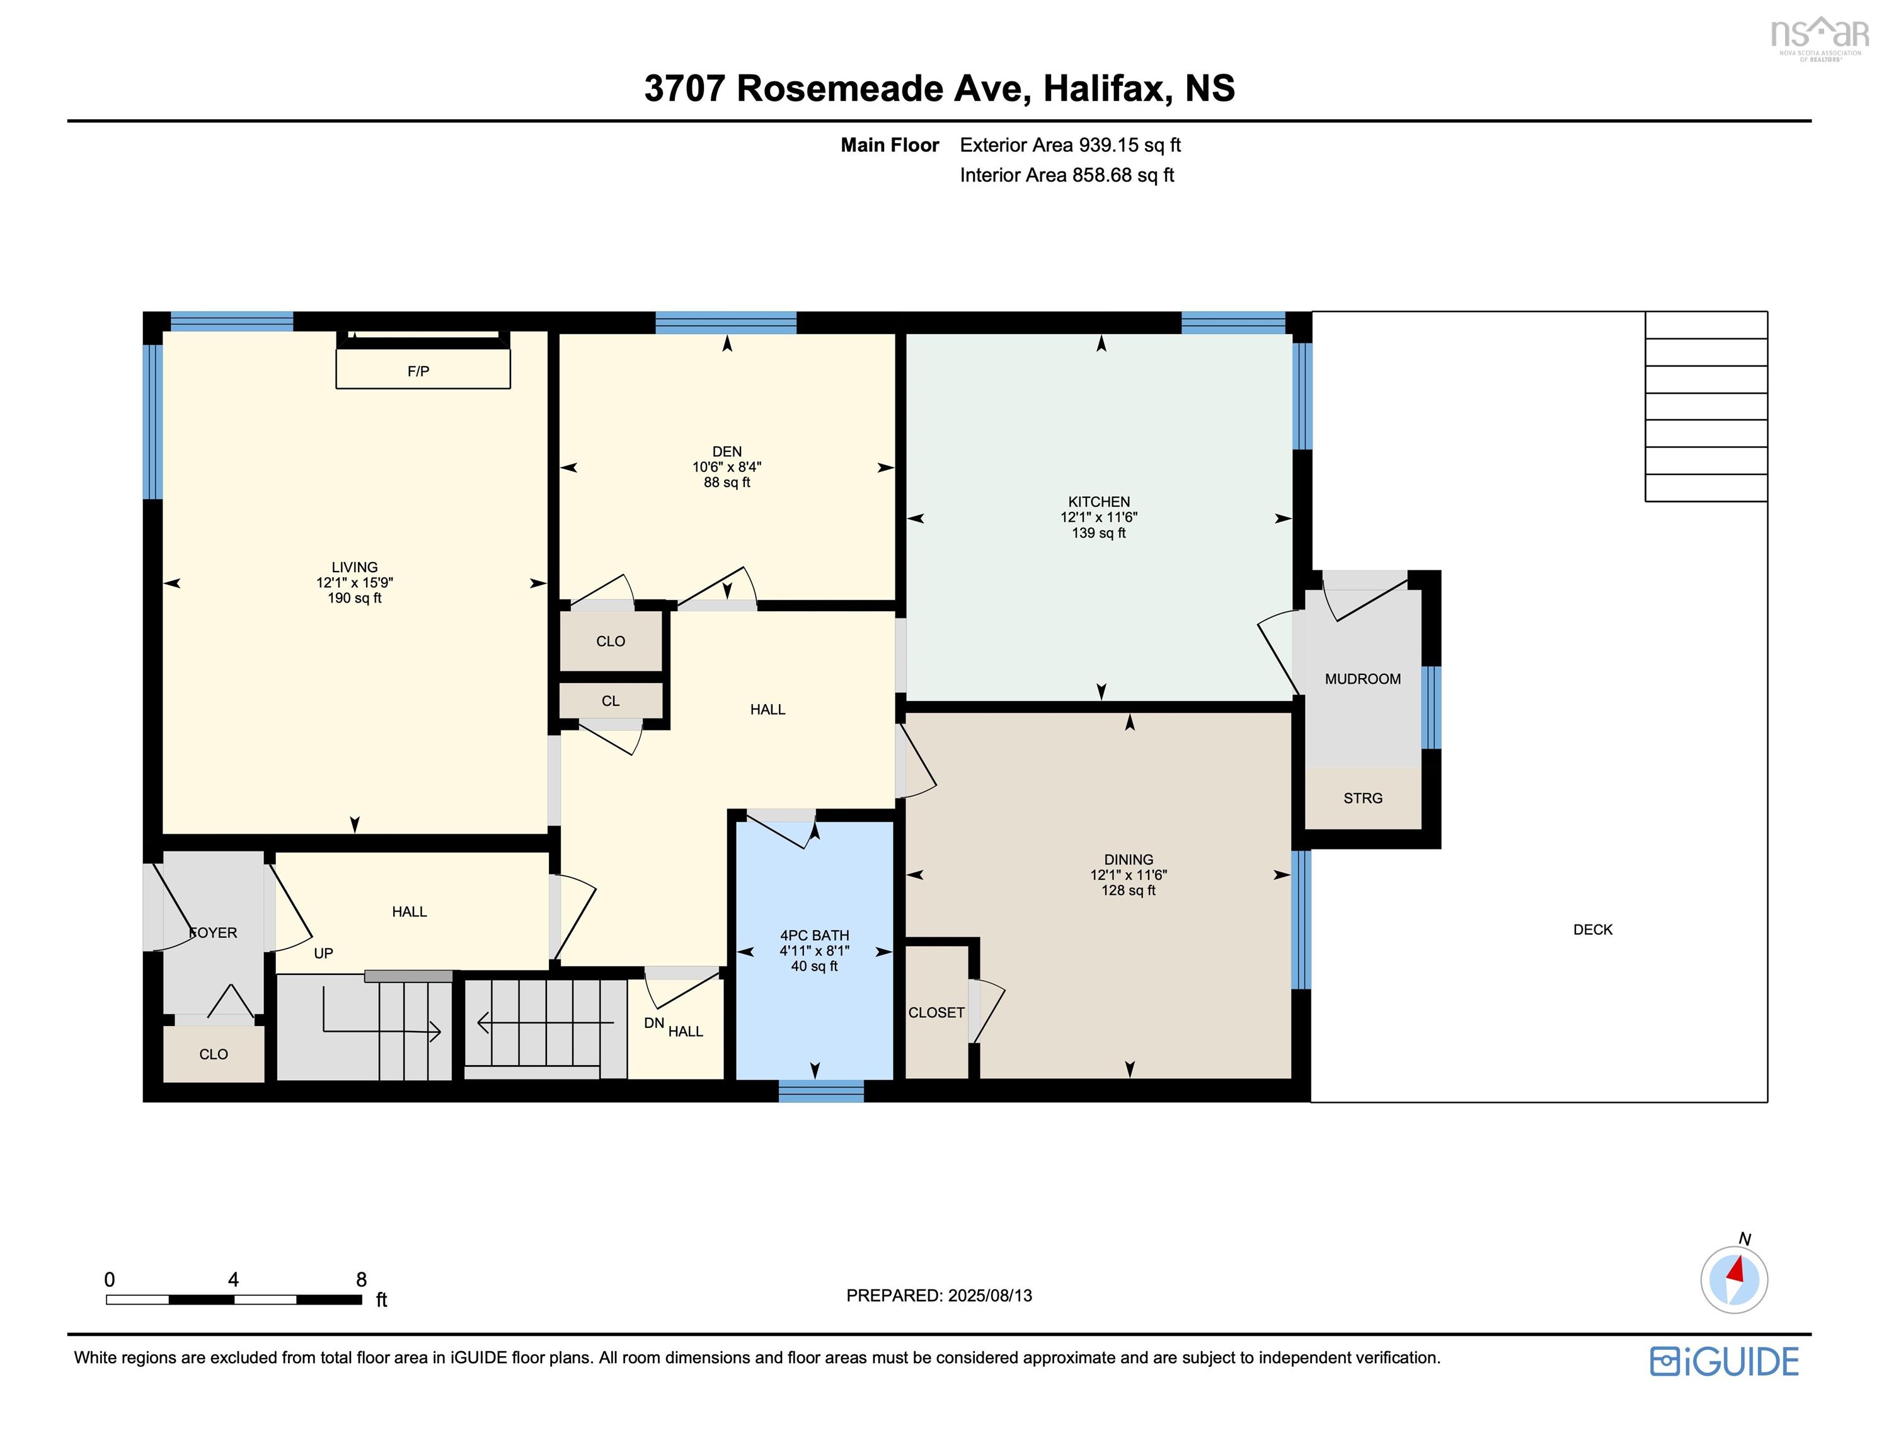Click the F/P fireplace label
[418, 372]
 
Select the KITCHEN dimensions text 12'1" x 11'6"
[1099, 517]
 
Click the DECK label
[1592, 930]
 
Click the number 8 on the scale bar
[361, 1280]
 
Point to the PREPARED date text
[939, 1295]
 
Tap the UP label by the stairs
[323, 954]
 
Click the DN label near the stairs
[654, 1023]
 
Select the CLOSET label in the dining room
[936, 1013]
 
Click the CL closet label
[610, 701]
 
